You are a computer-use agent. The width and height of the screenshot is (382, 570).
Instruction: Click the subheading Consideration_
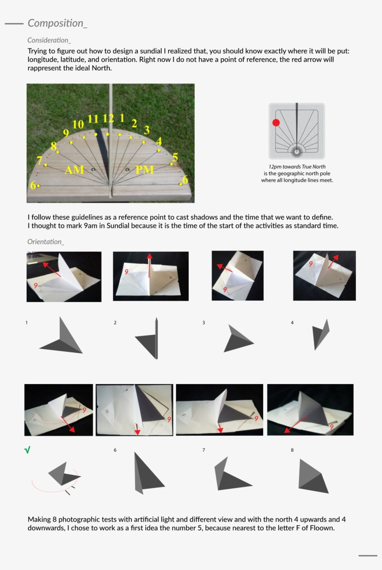point(49,41)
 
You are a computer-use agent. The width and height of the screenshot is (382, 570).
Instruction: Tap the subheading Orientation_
point(46,241)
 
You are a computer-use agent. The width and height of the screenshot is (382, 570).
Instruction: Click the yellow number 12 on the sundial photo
point(108,118)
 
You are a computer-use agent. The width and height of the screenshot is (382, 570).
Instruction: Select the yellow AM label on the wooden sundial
point(75,170)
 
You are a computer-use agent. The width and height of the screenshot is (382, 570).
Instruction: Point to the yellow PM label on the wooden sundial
point(144,170)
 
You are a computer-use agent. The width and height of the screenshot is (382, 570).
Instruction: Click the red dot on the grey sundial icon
point(276,123)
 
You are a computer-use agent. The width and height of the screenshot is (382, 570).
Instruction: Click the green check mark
point(27,450)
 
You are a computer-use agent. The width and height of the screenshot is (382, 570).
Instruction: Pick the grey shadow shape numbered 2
point(150,341)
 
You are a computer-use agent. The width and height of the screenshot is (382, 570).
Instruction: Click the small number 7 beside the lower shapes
point(204,450)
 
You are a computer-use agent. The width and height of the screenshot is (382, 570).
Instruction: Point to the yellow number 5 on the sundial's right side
point(175,157)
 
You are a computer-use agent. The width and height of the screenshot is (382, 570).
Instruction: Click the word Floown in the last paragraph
point(321,528)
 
